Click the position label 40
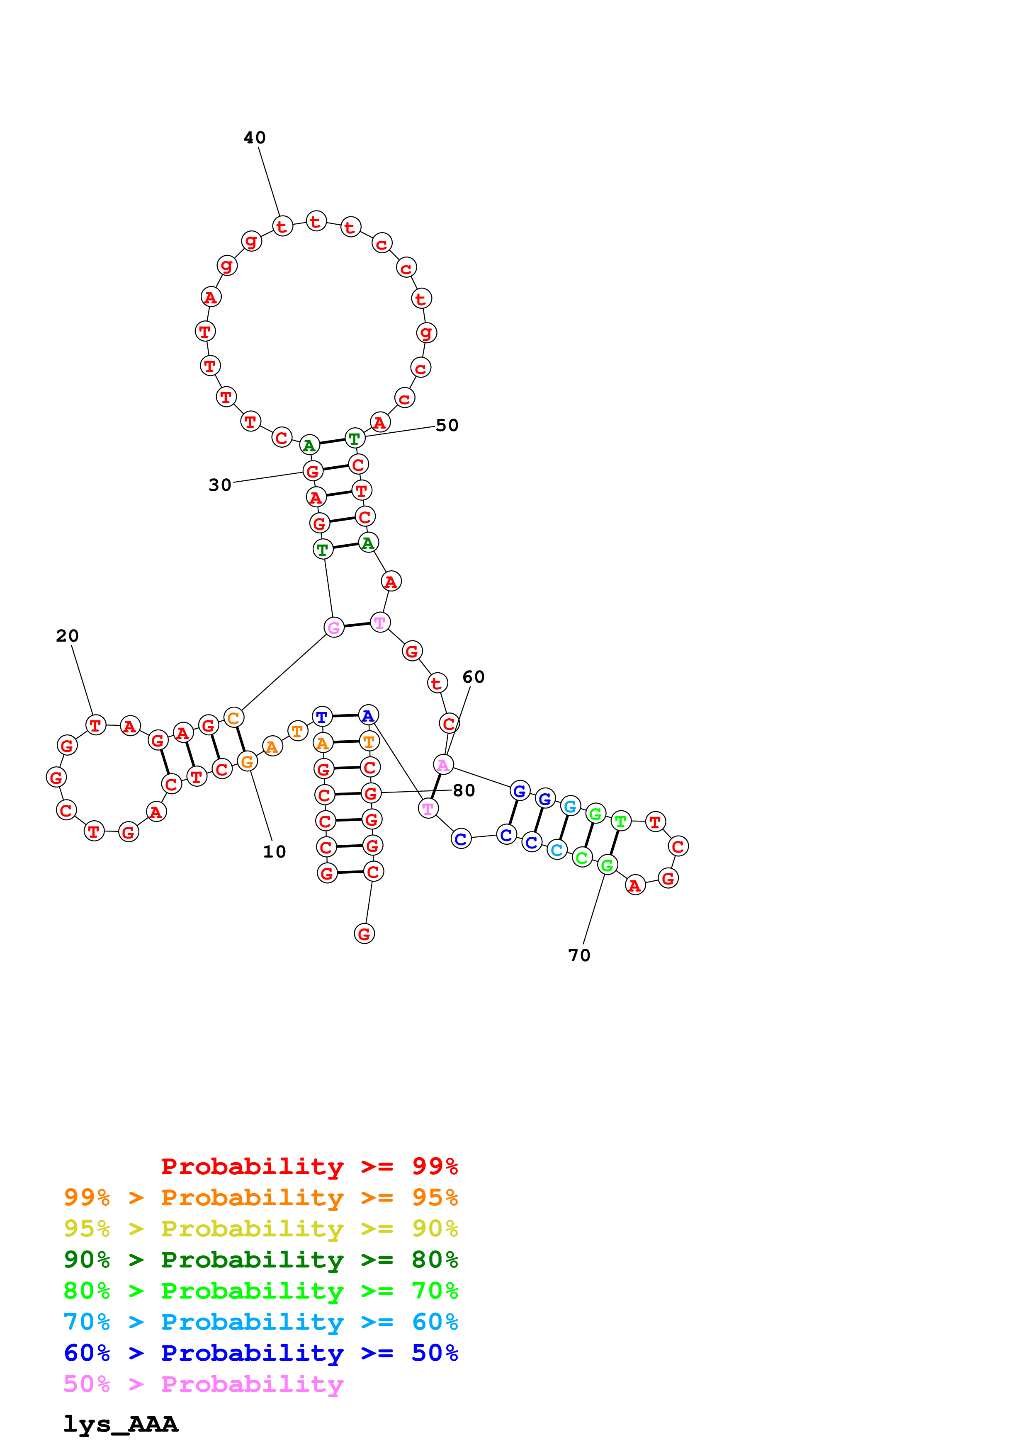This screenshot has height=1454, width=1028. click(255, 138)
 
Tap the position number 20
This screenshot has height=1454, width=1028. click(67, 636)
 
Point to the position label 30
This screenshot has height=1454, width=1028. click(220, 485)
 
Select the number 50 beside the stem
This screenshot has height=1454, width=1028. click(447, 426)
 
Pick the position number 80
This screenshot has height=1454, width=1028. click(464, 790)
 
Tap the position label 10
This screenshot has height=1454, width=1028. click(274, 852)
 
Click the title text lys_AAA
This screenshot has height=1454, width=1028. click(120, 1424)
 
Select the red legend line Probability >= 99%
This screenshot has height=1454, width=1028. click(309, 1166)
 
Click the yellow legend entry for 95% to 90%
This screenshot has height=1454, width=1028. click(260, 1229)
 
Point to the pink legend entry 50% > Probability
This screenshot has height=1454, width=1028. click(203, 1384)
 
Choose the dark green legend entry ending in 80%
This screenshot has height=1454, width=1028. click(260, 1260)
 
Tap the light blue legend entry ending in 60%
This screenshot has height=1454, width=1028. click(260, 1322)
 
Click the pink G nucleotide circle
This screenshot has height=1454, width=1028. click(334, 628)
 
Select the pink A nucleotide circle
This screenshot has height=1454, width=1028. click(443, 765)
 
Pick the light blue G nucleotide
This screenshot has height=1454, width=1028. click(570, 806)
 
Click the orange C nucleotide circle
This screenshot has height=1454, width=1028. click(234, 718)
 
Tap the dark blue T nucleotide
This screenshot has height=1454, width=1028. click(322, 717)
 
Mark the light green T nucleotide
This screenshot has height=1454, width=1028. click(621, 822)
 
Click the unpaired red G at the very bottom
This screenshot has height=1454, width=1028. click(364, 933)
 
